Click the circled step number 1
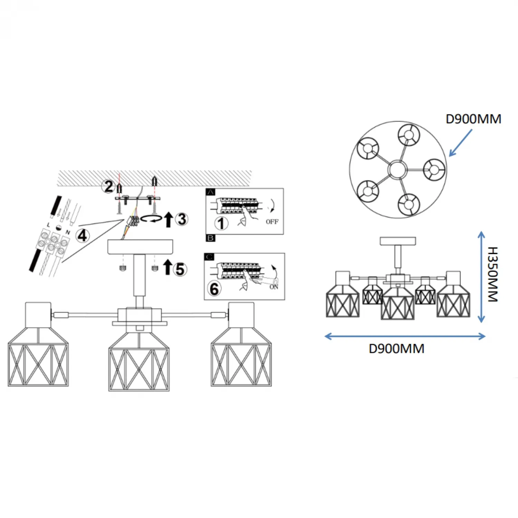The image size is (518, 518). [221, 223]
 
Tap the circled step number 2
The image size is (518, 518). [108, 186]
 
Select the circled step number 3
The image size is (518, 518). [182, 219]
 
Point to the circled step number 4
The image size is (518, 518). [82, 236]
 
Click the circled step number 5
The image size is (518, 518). [180, 269]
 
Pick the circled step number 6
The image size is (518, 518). [214, 289]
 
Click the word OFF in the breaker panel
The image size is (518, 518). [272, 222]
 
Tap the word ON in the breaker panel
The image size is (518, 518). [274, 287]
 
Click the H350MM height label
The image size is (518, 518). [493, 275]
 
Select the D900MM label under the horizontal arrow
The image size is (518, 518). [396, 349]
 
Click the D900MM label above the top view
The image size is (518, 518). [473, 119]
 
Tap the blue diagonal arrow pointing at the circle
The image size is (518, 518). [461, 143]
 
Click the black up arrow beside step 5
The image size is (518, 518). [167, 267]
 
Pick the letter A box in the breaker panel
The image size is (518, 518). [210, 192]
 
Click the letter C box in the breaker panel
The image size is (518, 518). [209, 257]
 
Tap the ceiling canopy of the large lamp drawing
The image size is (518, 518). [140, 247]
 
